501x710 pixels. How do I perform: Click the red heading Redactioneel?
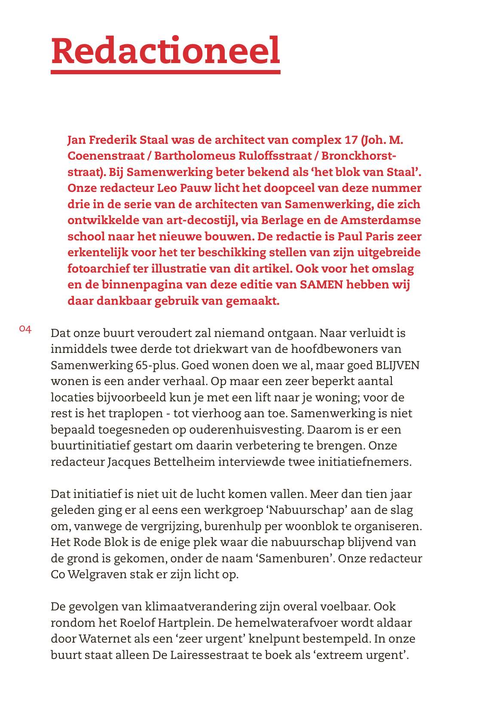(165, 51)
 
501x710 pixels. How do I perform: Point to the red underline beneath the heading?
(165, 72)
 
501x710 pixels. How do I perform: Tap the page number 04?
(25, 329)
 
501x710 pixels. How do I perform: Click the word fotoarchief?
(98, 269)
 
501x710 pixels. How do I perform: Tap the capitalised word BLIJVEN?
(397, 365)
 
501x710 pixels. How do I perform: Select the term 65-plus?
(156, 365)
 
